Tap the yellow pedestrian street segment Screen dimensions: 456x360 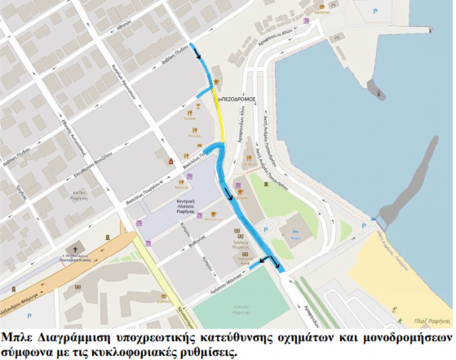click(x=219, y=119)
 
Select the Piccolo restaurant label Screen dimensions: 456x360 click(x=195, y=136)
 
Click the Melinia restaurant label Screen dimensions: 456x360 click(x=181, y=187)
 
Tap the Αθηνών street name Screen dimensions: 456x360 click(x=124, y=25)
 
